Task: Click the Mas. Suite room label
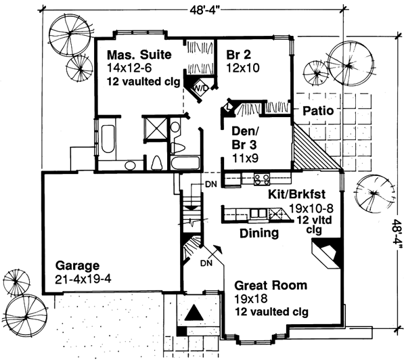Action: pos(138,54)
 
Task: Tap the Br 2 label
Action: pos(233,54)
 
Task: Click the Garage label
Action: pos(78,266)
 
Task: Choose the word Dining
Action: pos(260,234)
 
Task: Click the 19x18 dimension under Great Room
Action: pos(248,299)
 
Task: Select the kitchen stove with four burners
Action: pos(262,179)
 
